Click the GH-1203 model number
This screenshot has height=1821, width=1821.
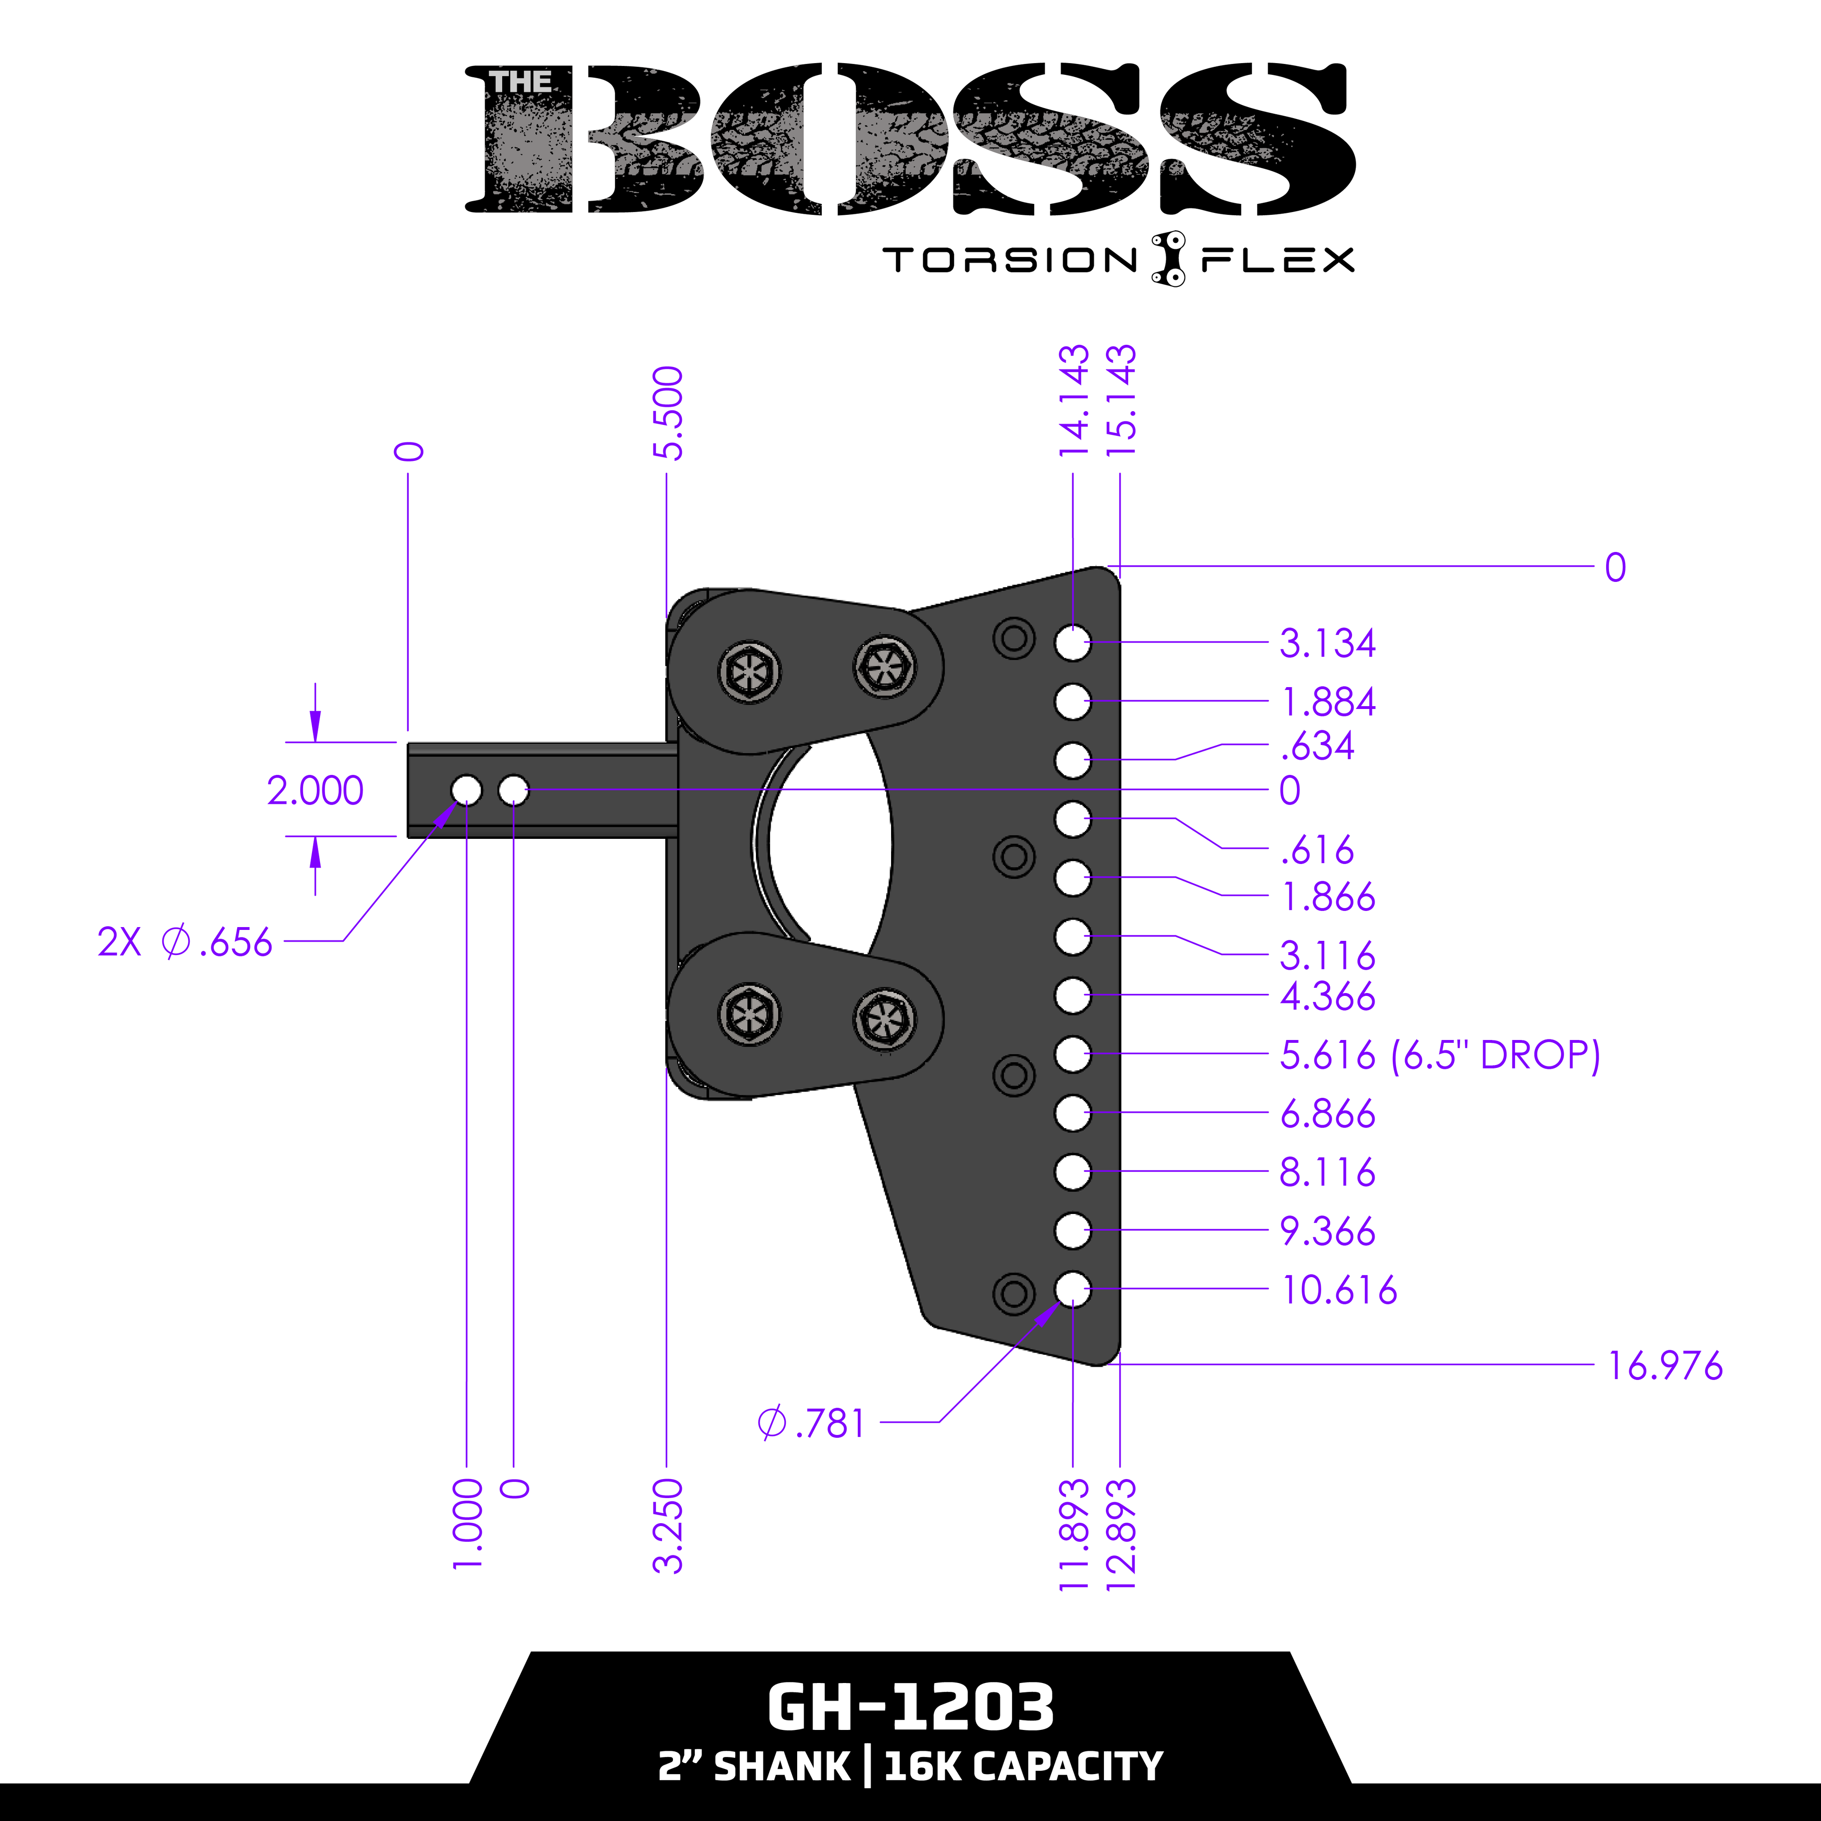click(910, 1708)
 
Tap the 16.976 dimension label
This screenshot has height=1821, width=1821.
click(1665, 1366)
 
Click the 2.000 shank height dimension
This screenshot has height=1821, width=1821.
click(315, 790)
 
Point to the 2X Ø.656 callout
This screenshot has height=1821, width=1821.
click(185, 942)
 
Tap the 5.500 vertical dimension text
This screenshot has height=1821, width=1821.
click(667, 413)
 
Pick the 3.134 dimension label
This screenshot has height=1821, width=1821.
click(1327, 643)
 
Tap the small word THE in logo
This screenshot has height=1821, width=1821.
click(520, 83)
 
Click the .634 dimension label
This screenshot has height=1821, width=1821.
click(1317, 745)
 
